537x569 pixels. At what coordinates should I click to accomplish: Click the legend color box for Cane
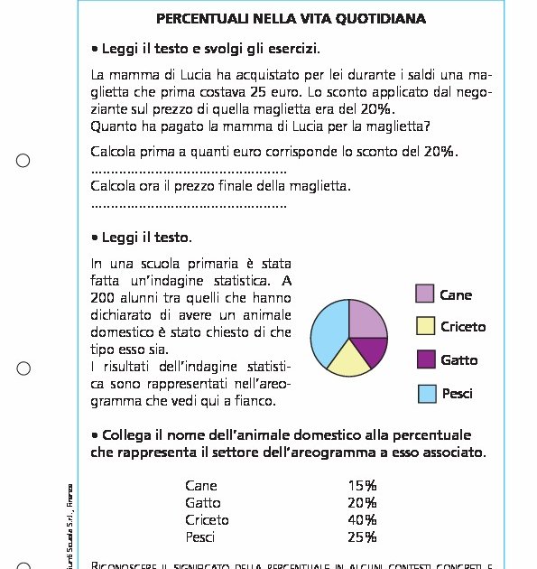pyautogui.click(x=425, y=294)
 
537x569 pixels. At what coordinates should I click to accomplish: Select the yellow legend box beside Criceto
pyautogui.click(x=425, y=326)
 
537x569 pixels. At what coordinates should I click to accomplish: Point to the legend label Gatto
pyautogui.click(x=458, y=360)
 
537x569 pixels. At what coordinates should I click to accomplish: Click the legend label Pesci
pyautogui.click(x=457, y=394)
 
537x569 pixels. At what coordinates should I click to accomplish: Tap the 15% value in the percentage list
pyautogui.click(x=362, y=486)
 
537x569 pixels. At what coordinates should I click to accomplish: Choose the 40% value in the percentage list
pyautogui.click(x=362, y=520)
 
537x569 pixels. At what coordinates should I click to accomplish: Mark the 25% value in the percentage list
pyautogui.click(x=362, y=537)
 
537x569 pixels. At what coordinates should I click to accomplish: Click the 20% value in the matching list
pyautogui.click(x=362, y=503)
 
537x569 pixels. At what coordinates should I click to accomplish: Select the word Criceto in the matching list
pyautogui.click(x=207, y=520)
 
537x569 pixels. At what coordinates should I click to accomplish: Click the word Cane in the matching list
pyautogui.click(x=200, y=486)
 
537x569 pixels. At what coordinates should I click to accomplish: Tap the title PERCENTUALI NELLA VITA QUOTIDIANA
pyautogui.click(x=291, y=18)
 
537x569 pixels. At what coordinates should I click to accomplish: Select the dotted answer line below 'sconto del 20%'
pyautogui.click(x=189, y=171)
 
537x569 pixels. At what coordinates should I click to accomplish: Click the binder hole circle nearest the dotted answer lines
pyautogui.click(x=23, y=161)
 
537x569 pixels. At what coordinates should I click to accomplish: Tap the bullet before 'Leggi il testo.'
pyautogui.click(x=95, y=238)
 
